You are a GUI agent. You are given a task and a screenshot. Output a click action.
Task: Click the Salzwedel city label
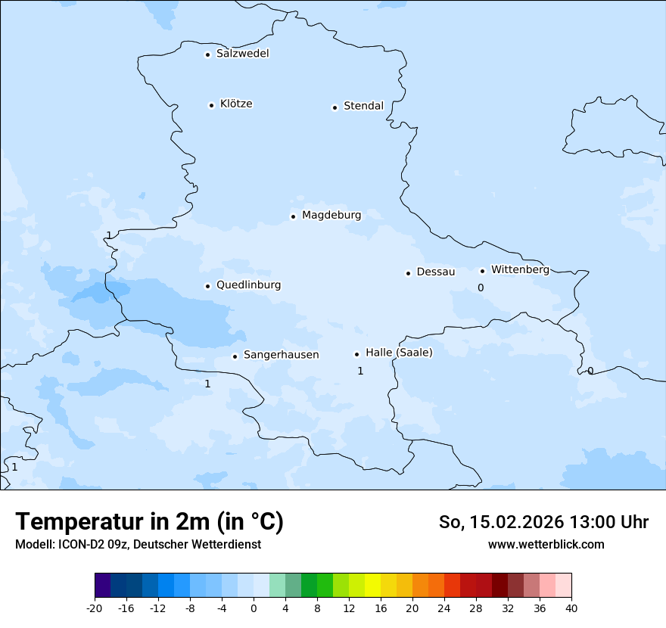(x=242, y=54)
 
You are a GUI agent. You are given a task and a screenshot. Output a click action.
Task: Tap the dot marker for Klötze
(x=211, y=105)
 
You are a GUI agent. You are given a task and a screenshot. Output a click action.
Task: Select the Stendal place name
(x=363, y=106)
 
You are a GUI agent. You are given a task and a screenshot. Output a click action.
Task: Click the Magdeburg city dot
(x=293, y=216)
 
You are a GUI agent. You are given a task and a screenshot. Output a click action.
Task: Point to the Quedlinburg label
(x=248, y=285)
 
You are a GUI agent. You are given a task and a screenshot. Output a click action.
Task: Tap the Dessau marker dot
(x=408, y=273)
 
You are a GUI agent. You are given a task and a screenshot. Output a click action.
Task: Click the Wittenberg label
(x=520, y=269)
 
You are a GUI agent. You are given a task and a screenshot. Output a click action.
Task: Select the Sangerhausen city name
(x=281, y=355)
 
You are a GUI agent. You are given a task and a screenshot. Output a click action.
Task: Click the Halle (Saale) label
(x=399, y=353)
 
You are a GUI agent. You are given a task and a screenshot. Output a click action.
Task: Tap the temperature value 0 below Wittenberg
(x=480, y=288)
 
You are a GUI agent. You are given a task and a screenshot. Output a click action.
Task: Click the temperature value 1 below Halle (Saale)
(x=360, y=371)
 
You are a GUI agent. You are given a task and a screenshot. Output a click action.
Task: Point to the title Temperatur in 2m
(x=149, y=521)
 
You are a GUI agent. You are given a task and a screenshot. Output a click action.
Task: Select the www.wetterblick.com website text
(x=546, y=544)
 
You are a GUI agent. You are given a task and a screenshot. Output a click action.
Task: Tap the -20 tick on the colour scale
(x=95, y=608)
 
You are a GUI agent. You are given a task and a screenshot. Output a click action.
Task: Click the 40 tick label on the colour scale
(x=571, y=608)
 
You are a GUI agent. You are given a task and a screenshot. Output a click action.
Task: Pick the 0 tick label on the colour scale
(x=254, y=608)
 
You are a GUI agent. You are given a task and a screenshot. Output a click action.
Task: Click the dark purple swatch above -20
(x=103, y=585)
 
